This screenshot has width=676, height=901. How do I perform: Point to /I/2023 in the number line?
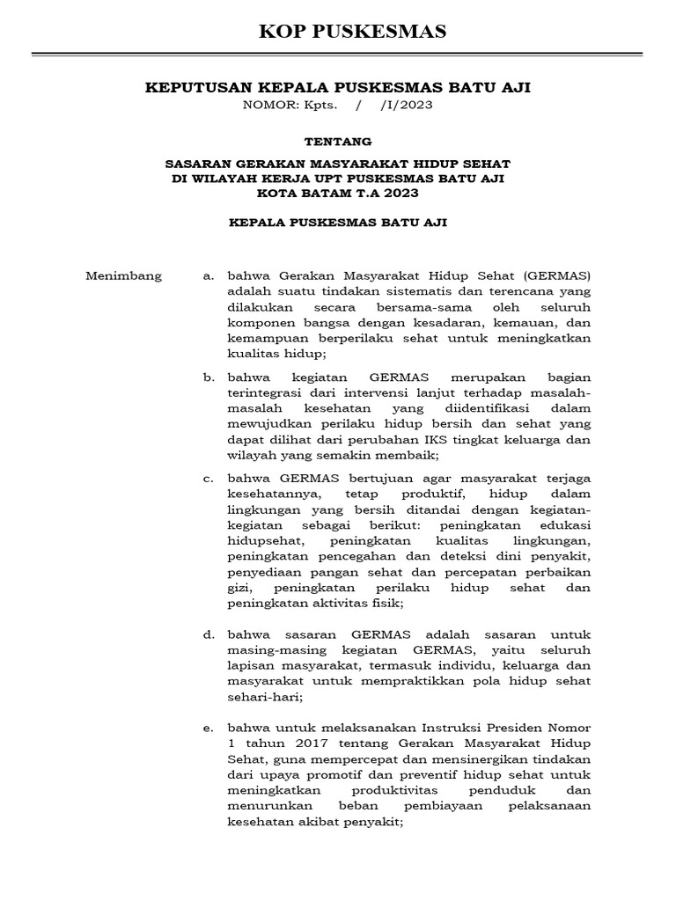pyautogui.click(x=407, y=105)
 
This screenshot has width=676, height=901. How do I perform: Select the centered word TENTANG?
pyautogui.click(x=338, y=141)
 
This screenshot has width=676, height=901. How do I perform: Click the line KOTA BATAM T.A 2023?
pyautogui.click(x=338, y=193)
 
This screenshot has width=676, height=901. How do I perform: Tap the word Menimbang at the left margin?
pyautogui.click(x=123, y=275)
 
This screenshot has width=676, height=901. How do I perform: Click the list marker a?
pyautogui.click(x=209, y=275)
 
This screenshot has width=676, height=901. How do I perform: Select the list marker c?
pyautogui.click(x=209, y=478)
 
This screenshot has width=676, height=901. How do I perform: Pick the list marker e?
pyautogui.click(x=209, y=729)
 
